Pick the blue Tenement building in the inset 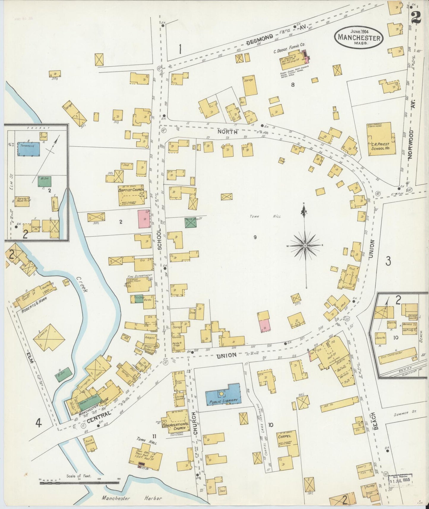tap(29, 149)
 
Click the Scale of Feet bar tap(79, 481)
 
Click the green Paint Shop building tap(191, 223)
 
